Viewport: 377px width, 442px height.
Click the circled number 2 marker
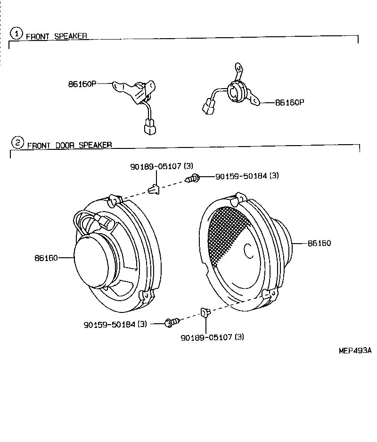click(17, 142)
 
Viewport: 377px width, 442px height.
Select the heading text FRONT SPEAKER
click(56, 36)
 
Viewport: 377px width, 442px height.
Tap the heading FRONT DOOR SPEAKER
click(69, 146)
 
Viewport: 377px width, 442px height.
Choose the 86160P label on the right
click(289, 102)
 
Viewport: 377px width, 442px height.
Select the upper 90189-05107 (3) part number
click(162, 166)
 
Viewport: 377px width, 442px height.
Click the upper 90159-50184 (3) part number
click(247, 176)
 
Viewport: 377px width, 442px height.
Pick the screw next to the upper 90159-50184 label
click(194, 179)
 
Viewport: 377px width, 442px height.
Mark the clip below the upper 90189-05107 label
click(154, 189)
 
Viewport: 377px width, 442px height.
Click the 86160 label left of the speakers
click(46, 258)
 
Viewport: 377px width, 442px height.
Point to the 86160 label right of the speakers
click(319, 244)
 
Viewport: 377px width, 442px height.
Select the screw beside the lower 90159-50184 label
click(171, 323)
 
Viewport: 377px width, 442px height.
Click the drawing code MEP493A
click(355, 351)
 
